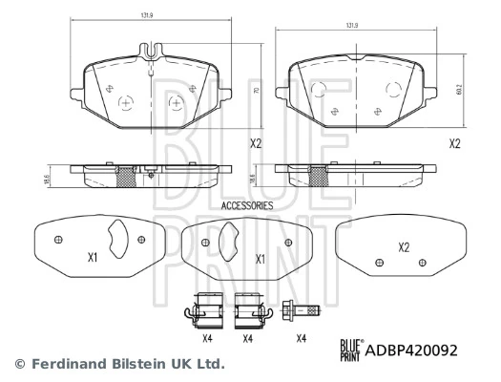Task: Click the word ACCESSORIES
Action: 247,205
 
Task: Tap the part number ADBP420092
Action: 412,350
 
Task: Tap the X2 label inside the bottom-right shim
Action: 404,247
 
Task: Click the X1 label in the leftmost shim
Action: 94,257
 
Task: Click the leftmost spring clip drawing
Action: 198,307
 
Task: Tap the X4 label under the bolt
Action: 301,337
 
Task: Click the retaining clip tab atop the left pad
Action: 149,49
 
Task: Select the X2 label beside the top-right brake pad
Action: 455,143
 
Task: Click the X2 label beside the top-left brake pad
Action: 256,143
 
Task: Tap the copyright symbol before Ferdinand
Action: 18,364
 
